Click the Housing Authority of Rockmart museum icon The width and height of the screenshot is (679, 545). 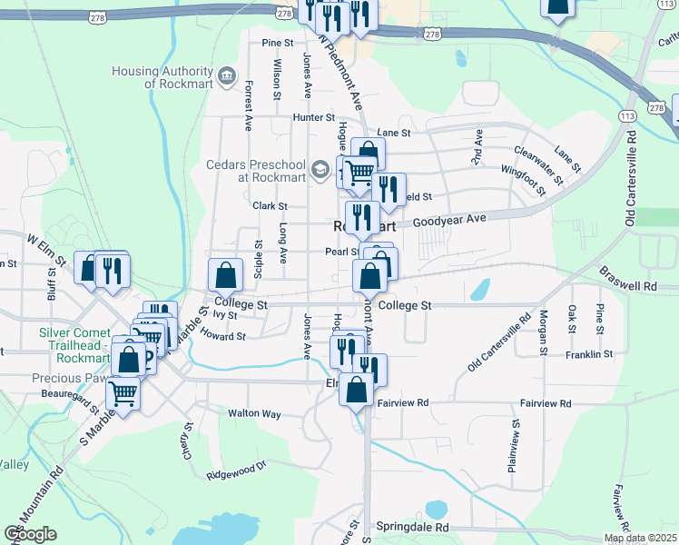click(226, 73)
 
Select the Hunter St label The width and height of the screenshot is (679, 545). click(313, 118)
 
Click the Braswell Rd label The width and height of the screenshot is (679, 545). click(629, 279)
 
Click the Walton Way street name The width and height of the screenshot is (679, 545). click(253, 412)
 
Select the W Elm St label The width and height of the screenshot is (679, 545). click(47, 249)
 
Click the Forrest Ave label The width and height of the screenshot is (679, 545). click(247, 106)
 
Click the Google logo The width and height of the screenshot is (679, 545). click(30, 534)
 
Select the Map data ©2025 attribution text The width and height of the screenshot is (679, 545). click(640, 539)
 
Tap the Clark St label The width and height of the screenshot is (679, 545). click(270, 206)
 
